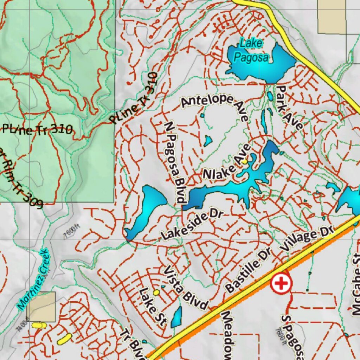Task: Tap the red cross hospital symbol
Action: pos(281,283)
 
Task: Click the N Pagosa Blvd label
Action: pos(175,162)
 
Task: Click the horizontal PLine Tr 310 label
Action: pos(37,130)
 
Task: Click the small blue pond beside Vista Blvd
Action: pos(177,316)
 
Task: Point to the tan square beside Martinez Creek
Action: pos(41,306)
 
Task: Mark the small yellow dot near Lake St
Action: pos(156,292)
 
